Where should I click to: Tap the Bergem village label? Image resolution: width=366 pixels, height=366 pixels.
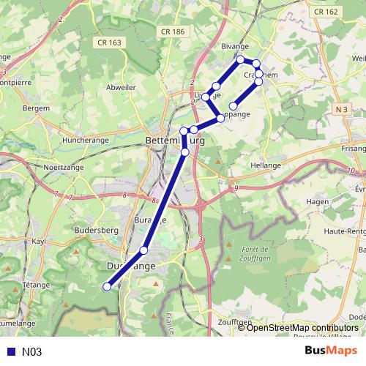[37, 108]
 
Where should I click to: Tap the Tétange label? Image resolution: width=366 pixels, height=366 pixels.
[35, 284]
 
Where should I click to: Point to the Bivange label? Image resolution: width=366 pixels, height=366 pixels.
[235, 46]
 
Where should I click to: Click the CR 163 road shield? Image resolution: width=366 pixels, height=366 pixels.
[108, 42]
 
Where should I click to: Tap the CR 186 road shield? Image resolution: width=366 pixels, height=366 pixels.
[171, 31]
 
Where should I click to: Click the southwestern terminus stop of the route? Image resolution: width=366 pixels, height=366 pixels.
[107, 286]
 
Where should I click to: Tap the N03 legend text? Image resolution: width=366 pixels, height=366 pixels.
[31, 352]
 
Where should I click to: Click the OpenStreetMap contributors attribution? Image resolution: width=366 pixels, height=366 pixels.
[302, 327]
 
